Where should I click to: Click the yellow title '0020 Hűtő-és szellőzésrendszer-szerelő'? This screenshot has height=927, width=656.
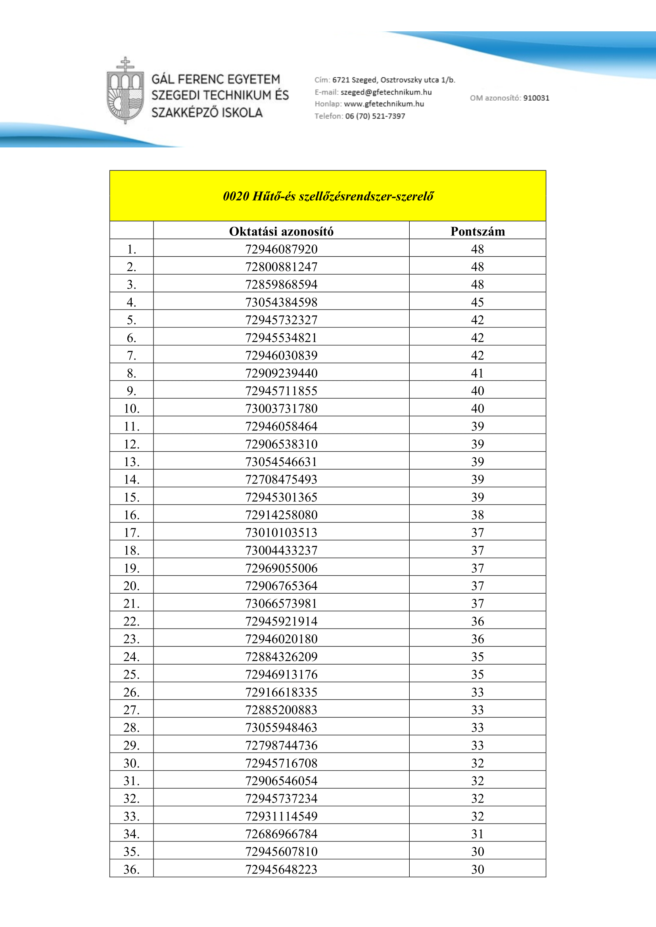[328, 196]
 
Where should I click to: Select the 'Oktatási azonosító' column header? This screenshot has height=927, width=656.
[281, 231]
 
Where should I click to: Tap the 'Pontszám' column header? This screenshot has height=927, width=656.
[478, 231]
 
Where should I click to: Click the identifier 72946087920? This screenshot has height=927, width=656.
[281, 249]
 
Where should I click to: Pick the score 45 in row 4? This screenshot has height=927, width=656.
[478, 302]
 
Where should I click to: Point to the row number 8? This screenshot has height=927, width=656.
[131, 373]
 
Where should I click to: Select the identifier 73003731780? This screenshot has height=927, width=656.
[281, 409]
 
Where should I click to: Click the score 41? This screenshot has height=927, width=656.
[478, 373]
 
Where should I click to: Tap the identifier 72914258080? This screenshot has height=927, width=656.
[281, 515]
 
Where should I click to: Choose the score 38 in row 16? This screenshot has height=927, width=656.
[478, 515]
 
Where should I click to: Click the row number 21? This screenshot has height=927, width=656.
[131, 604]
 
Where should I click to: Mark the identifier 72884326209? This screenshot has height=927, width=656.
[281, 657]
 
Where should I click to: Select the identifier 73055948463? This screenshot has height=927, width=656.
[281, 728]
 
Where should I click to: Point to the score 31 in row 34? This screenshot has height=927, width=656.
[478, 834]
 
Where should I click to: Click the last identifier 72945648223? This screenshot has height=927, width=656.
[281, 869]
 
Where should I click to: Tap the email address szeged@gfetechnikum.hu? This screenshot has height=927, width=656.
[386, 92]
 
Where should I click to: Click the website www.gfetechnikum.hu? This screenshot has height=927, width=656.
[384, 104]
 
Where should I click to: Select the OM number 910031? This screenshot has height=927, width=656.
[536, 98]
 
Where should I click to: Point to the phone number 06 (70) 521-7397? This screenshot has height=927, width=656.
[375, 116]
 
